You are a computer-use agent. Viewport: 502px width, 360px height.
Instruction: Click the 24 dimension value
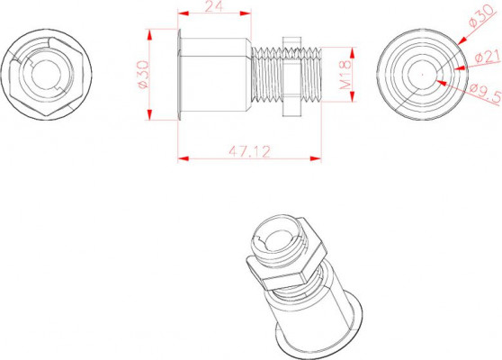(213, 5)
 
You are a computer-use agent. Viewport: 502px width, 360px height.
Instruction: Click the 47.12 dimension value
(249, 151)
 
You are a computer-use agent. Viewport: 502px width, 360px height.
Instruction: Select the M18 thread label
(345, 75)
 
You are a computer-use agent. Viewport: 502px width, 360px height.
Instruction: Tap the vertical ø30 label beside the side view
(143, 75)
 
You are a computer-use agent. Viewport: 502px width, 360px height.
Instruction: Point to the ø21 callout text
(488, 57)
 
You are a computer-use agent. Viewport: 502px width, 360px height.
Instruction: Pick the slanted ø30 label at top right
(482, 16)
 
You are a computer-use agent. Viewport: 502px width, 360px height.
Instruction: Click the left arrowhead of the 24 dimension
(183, 13)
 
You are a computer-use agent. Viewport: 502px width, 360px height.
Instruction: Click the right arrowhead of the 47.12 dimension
(316, 158)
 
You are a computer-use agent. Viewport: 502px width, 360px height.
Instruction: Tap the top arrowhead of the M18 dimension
(352, 53)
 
